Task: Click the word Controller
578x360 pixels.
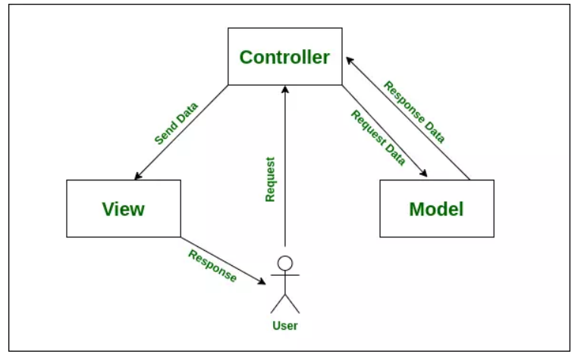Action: pos(284,57)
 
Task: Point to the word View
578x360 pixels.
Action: pos(123,208)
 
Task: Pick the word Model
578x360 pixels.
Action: pos(436,209)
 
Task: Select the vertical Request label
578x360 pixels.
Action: pos(270,180)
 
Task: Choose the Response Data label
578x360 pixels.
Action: pos(413,111)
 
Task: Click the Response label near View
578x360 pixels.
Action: pos(212,265)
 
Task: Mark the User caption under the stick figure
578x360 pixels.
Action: pos(284,326)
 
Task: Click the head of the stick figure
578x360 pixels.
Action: pos(285,263)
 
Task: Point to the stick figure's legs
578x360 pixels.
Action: pos(285,303)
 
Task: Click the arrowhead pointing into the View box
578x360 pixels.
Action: pos(137,176)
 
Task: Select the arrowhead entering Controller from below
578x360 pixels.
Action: pos(285,89)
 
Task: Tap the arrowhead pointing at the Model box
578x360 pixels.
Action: pos(424,174)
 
